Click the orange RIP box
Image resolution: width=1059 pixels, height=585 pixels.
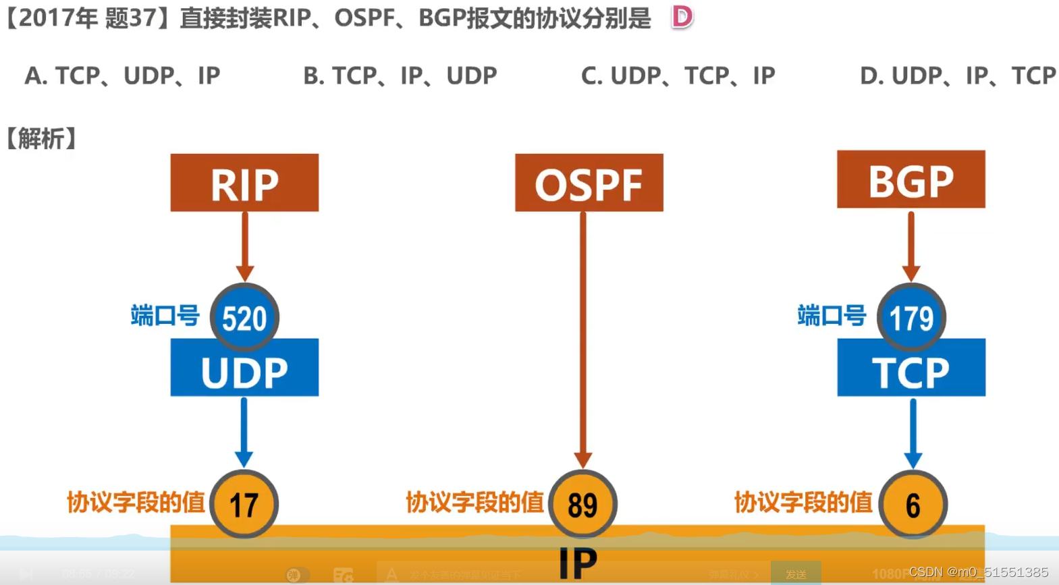tap(244, 183)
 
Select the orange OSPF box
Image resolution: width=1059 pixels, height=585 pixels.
tap(589, 183)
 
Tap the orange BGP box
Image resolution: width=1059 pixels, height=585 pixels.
tap(911, 179)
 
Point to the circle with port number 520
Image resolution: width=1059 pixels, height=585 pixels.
tap(244, 317)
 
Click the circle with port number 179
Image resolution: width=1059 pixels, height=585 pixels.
tap(911, 317)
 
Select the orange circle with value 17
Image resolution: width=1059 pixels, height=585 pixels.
tap(244, 504)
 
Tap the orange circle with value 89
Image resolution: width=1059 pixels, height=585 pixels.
tap(582, 504)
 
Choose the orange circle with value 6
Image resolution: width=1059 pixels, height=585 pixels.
tap(913, 504)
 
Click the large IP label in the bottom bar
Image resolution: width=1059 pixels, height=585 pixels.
tap(578, 563)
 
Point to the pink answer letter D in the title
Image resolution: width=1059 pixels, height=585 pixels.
tap(682, 17)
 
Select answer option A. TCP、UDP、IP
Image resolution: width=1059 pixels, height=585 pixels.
tap(122, 76)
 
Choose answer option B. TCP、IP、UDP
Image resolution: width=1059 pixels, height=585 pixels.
tap(400, 76)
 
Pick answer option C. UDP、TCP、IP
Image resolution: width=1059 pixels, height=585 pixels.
tap(678, 76)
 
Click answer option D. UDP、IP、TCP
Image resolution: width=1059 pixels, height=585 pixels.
tap(957, 76)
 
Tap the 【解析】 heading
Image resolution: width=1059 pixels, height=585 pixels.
tap(40, 138)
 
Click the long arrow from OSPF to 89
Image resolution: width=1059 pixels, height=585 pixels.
tap(583, 337)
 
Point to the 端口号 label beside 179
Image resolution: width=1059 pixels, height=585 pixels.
tap(832, 315)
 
